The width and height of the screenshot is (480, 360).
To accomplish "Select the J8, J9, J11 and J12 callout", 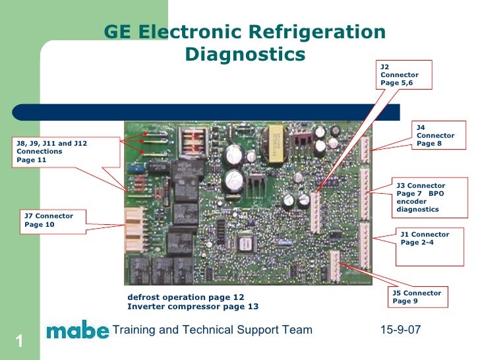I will pos(66,152).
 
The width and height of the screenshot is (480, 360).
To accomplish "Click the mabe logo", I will pos(77,330).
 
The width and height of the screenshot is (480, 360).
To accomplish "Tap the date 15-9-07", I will pos(400,329).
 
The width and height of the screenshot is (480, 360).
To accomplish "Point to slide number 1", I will pos(20,342).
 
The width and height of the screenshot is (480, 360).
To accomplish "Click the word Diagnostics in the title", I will pos(245,54).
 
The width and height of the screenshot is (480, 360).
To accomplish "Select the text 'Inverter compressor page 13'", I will pos(193,307).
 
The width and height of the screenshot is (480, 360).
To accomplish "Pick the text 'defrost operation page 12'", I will pos(185,297).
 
